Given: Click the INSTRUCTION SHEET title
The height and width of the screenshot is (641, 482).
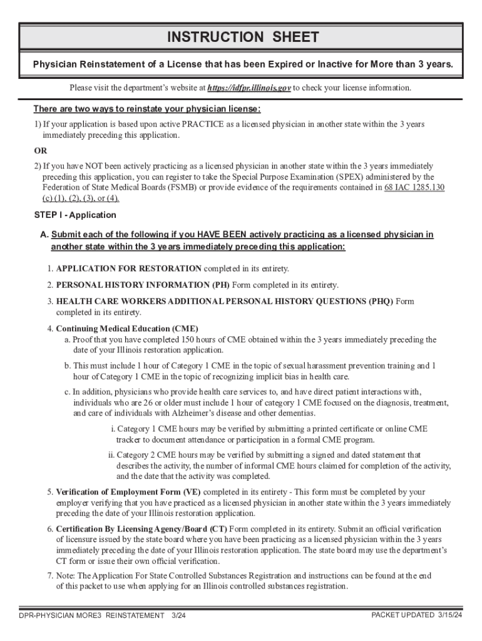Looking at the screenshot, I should [243, 38].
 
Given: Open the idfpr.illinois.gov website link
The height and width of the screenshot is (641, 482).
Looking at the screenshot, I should [249, 88].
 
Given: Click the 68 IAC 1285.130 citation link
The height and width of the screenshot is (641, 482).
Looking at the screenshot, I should [414, 187].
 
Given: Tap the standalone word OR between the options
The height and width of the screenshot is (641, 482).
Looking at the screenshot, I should [40, 151].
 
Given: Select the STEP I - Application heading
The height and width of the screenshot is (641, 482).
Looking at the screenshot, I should [75, 215].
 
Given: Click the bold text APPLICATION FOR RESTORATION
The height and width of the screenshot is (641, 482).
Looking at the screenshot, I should [129, 269].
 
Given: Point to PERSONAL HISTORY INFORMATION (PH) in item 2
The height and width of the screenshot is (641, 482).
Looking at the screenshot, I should [143, 285].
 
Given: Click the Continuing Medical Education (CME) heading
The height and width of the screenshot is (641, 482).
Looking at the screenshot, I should [127, 329].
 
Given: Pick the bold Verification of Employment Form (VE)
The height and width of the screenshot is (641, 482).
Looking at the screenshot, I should [129, 491].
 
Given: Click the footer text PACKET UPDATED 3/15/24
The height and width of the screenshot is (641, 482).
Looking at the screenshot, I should [416, 615].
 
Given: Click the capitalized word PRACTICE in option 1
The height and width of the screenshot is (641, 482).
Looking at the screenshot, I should [165, 124].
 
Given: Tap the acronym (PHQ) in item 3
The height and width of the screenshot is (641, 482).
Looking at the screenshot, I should [381, 301].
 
